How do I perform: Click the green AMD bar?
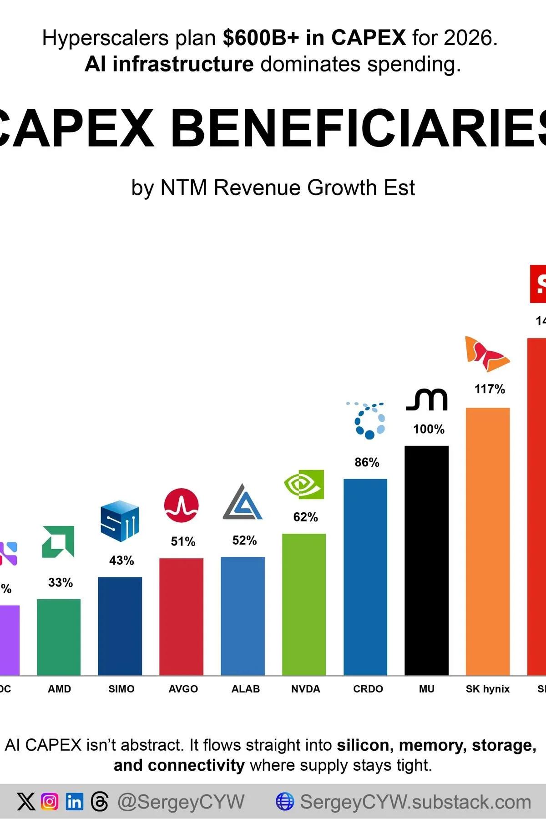coord(59,637)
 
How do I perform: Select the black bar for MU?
coord(426,560)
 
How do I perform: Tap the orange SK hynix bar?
coord(488,541)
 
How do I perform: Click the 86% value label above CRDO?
coord(367,462)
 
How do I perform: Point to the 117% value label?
coord(490,389)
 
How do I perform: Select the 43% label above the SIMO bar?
coord(121,561)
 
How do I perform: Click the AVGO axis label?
coord(183,689)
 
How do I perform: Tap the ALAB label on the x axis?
coord(245,689)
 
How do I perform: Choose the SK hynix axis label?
coord(487,689)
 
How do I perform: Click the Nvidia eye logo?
coord(304,485)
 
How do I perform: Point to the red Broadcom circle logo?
coord(181,506)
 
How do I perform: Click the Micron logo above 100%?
coord(427,400)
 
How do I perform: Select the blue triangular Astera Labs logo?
coord(243,503)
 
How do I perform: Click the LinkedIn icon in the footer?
coord(74,801)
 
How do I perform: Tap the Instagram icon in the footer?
coord(50,801)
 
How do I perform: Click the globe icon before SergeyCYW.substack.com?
coord(285,801)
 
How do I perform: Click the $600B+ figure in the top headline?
coord(261,38)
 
